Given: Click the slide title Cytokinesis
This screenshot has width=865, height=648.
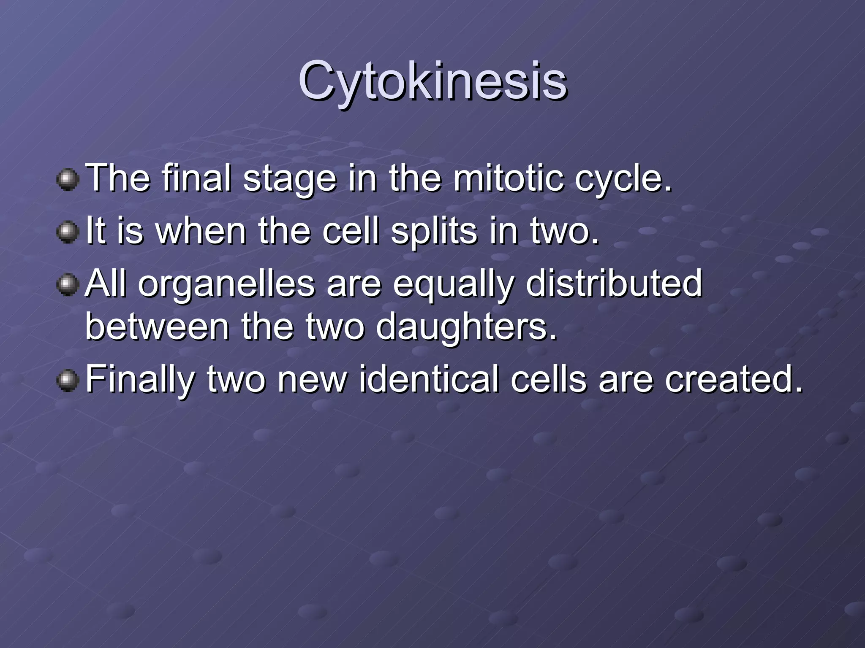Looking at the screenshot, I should [432, 81].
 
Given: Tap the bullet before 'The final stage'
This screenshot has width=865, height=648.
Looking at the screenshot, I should [68, 180].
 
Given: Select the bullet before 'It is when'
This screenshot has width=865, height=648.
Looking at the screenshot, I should [68, 232].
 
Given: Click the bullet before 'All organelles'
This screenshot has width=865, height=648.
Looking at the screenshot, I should [68, 285].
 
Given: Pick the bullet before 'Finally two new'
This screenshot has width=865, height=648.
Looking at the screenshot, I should [68, 381].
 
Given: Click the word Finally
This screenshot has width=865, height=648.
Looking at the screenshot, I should [140, 380].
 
